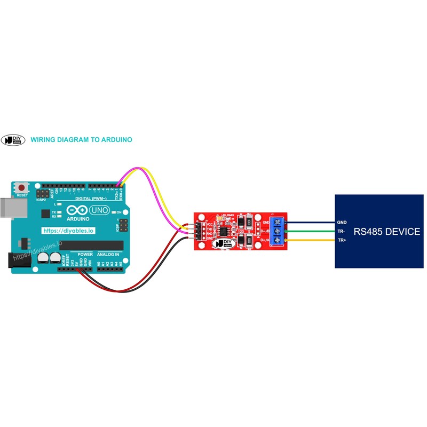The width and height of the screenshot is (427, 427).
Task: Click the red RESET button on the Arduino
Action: pos(22,188)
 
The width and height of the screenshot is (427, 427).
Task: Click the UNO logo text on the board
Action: pos(99,211)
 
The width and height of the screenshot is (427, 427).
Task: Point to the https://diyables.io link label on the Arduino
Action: pos(68,231)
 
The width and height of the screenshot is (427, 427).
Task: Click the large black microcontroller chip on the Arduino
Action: pos(91,245)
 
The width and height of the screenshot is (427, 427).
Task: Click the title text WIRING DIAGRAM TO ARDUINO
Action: pos(81,140)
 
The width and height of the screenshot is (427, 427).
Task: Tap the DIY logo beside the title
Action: pos(14,140)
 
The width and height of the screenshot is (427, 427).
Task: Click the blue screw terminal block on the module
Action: pos(278,232)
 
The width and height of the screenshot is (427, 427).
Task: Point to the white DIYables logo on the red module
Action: pos(225,243)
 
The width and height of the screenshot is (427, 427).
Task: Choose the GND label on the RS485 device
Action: pos(342,222)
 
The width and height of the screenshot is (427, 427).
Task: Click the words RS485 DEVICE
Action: pos(386,232)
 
